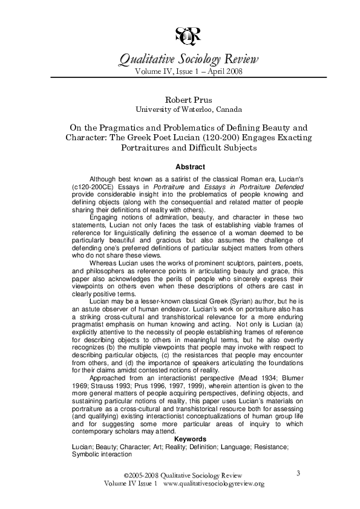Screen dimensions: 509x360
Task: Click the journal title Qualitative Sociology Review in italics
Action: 188,59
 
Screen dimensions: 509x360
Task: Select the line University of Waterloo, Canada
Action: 188,109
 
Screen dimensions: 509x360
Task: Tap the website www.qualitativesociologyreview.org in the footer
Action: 214,484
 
